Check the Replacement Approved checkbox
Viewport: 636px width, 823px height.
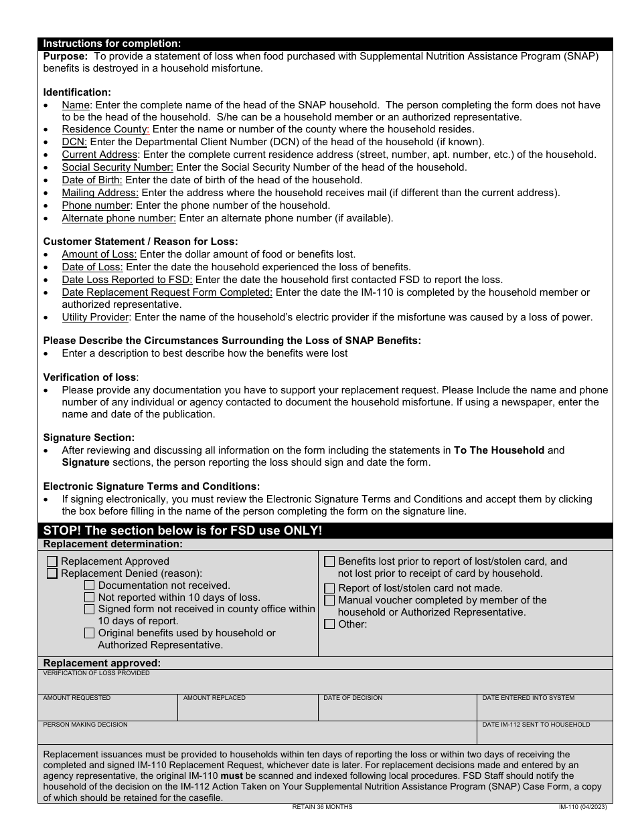52,562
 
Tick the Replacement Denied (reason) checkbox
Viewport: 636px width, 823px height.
52,573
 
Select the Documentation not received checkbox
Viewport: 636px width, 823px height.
90,585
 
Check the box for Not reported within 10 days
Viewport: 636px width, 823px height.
90,598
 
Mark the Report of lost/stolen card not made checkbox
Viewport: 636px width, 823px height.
329,588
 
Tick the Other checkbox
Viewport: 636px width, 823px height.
329,624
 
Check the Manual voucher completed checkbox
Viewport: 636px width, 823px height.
329,600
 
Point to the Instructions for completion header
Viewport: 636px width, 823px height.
112,43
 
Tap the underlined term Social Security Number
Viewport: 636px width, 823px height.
117,167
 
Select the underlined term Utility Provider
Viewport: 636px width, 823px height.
96,317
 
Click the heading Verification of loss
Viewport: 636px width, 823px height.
90,377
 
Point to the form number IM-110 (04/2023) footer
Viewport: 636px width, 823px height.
583,807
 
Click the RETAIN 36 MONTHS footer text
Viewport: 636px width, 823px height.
322,807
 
